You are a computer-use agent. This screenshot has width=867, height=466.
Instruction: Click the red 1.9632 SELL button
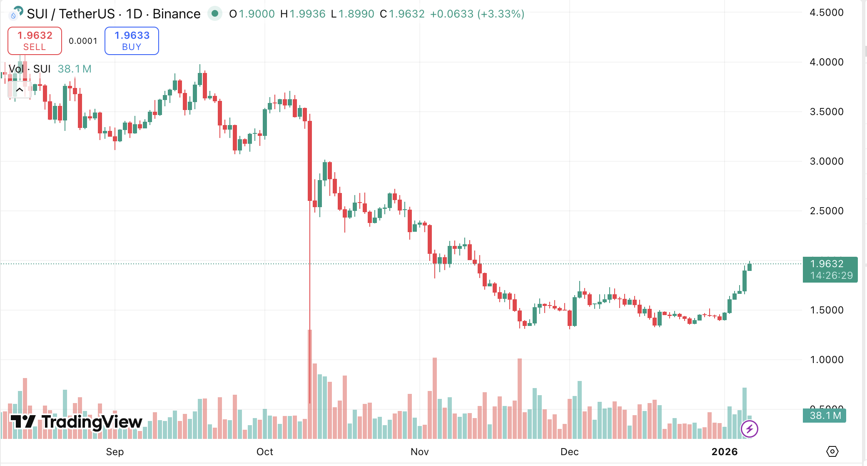pos(35,41)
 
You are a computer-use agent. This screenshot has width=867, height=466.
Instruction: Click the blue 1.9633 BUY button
pos(132,41)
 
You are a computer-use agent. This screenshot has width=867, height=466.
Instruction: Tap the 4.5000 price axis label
pos(826,13)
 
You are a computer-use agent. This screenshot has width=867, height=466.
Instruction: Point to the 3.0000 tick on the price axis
pos(826,161)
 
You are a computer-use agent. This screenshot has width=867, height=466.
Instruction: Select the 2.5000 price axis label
pos(826,211)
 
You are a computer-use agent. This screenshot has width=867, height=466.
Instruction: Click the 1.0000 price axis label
pos(826,360)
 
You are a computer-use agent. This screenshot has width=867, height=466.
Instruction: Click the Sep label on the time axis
pos(115,452)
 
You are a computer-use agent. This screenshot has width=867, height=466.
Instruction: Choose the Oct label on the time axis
pos(264,452)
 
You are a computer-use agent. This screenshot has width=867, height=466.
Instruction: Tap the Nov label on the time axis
pos(419,452)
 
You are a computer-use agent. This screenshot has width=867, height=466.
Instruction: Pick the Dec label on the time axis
pos(569,452)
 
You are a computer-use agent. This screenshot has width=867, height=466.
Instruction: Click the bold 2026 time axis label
pos(724,452)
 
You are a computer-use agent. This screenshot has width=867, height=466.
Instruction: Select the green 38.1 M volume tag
pos(825,416)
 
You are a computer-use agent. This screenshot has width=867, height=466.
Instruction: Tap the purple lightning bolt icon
pos(749,428)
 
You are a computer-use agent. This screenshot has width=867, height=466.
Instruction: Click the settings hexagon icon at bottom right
pos(832,451)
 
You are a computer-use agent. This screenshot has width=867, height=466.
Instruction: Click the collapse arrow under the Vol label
pos(19,90)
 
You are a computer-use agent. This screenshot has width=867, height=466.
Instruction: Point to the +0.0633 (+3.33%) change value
pos(477,14)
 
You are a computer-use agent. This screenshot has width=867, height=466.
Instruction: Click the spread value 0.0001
pos(83,41)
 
